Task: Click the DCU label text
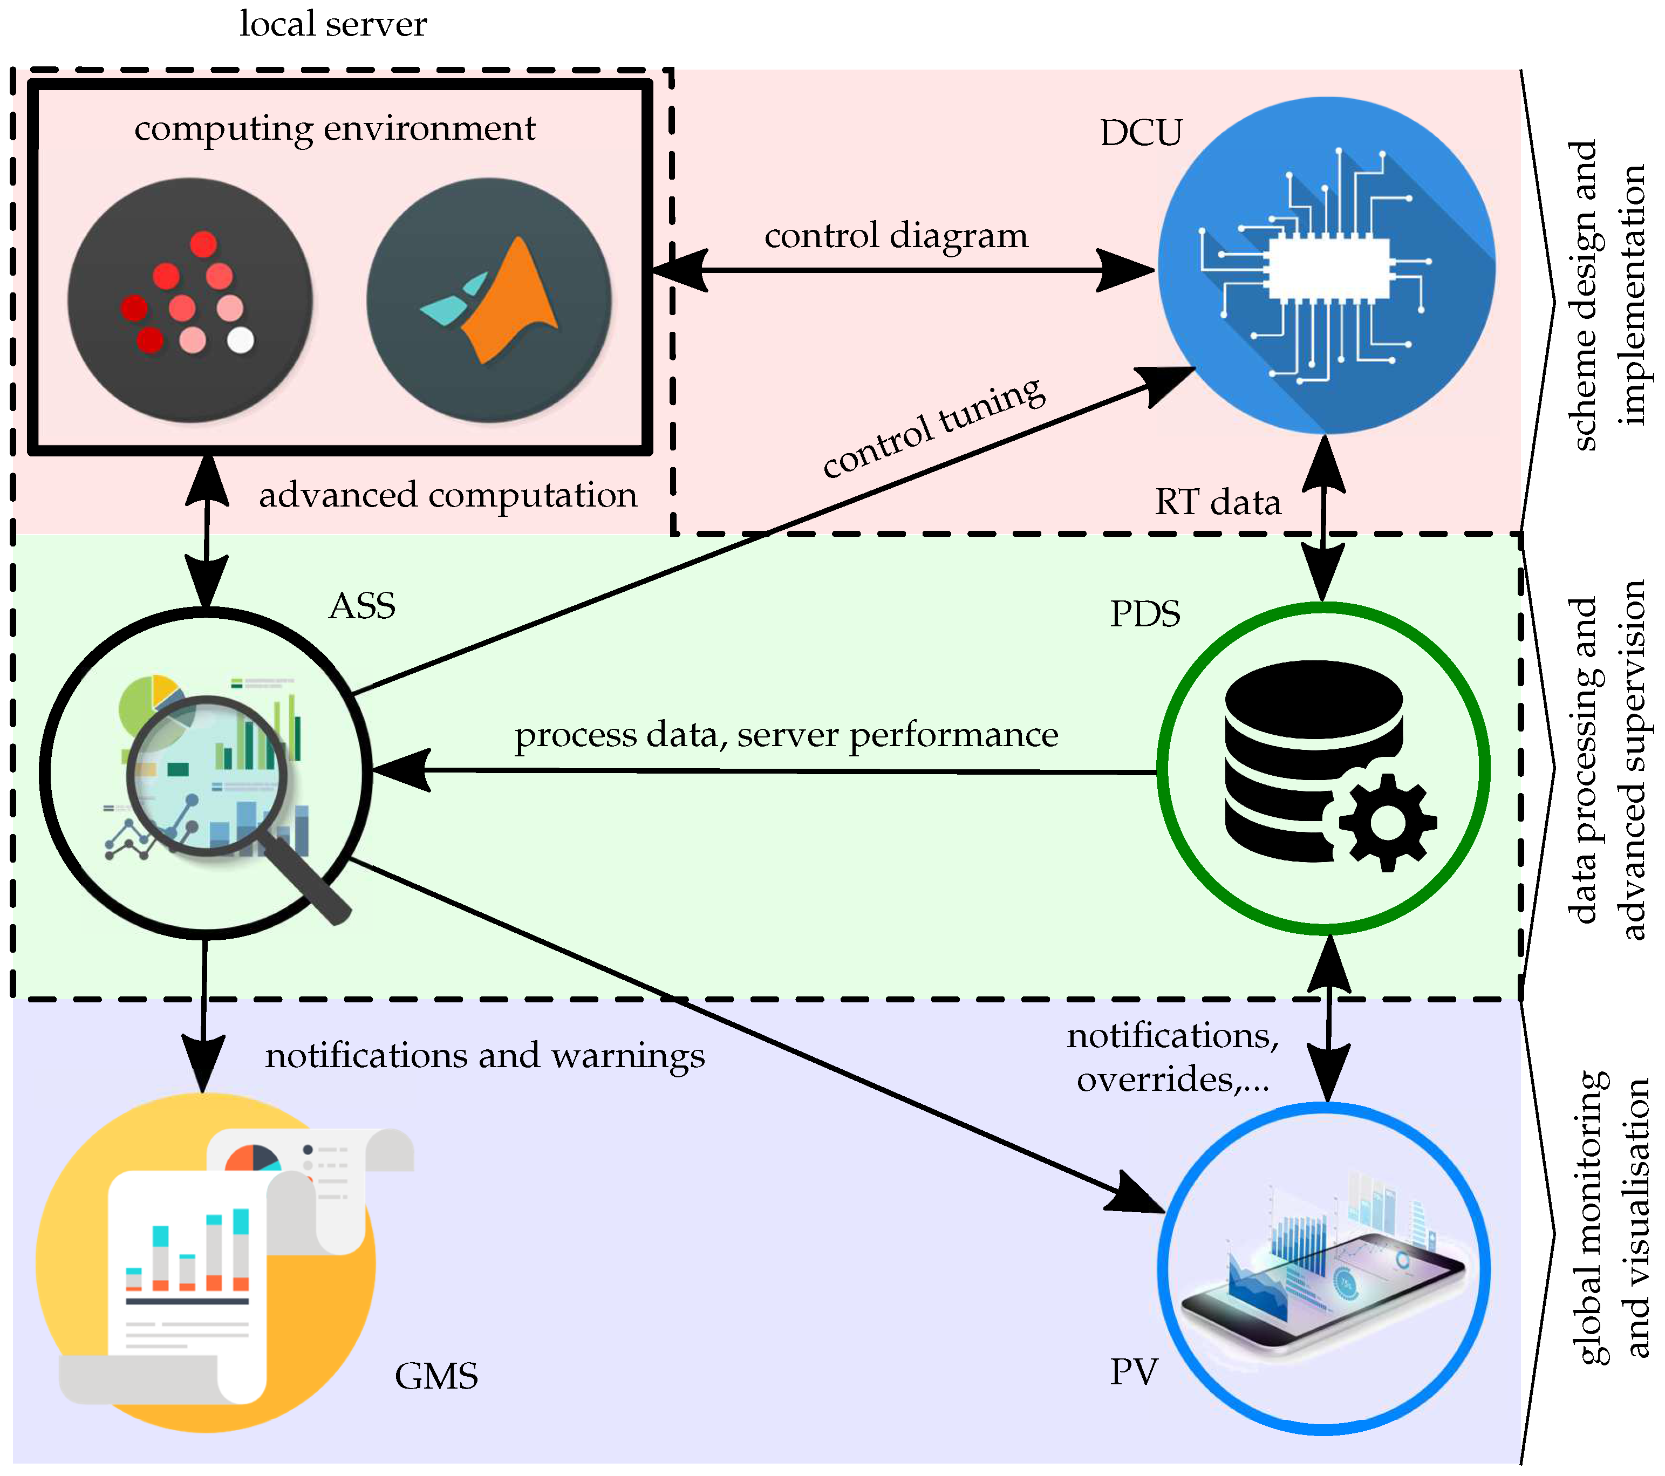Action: tap(1141, 133)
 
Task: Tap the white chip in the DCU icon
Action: tap(1328, 269)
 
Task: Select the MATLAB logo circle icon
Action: tap(489, 300)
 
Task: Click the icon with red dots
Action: tap(190, 300)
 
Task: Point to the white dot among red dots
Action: tap(240, 340)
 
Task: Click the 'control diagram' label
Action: tap(896, 236)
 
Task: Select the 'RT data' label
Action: tap(1218, 502)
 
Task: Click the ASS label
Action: tap(363, 606)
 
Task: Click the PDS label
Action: tap(1144, 614)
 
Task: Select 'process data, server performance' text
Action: tap(786, 735)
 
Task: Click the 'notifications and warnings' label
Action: tap(485, 1056)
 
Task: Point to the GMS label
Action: tap(436, 1377)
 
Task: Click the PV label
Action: tap(1133, 1372)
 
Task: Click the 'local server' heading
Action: tap(332, 24)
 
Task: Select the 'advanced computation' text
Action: tap(448, 495)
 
